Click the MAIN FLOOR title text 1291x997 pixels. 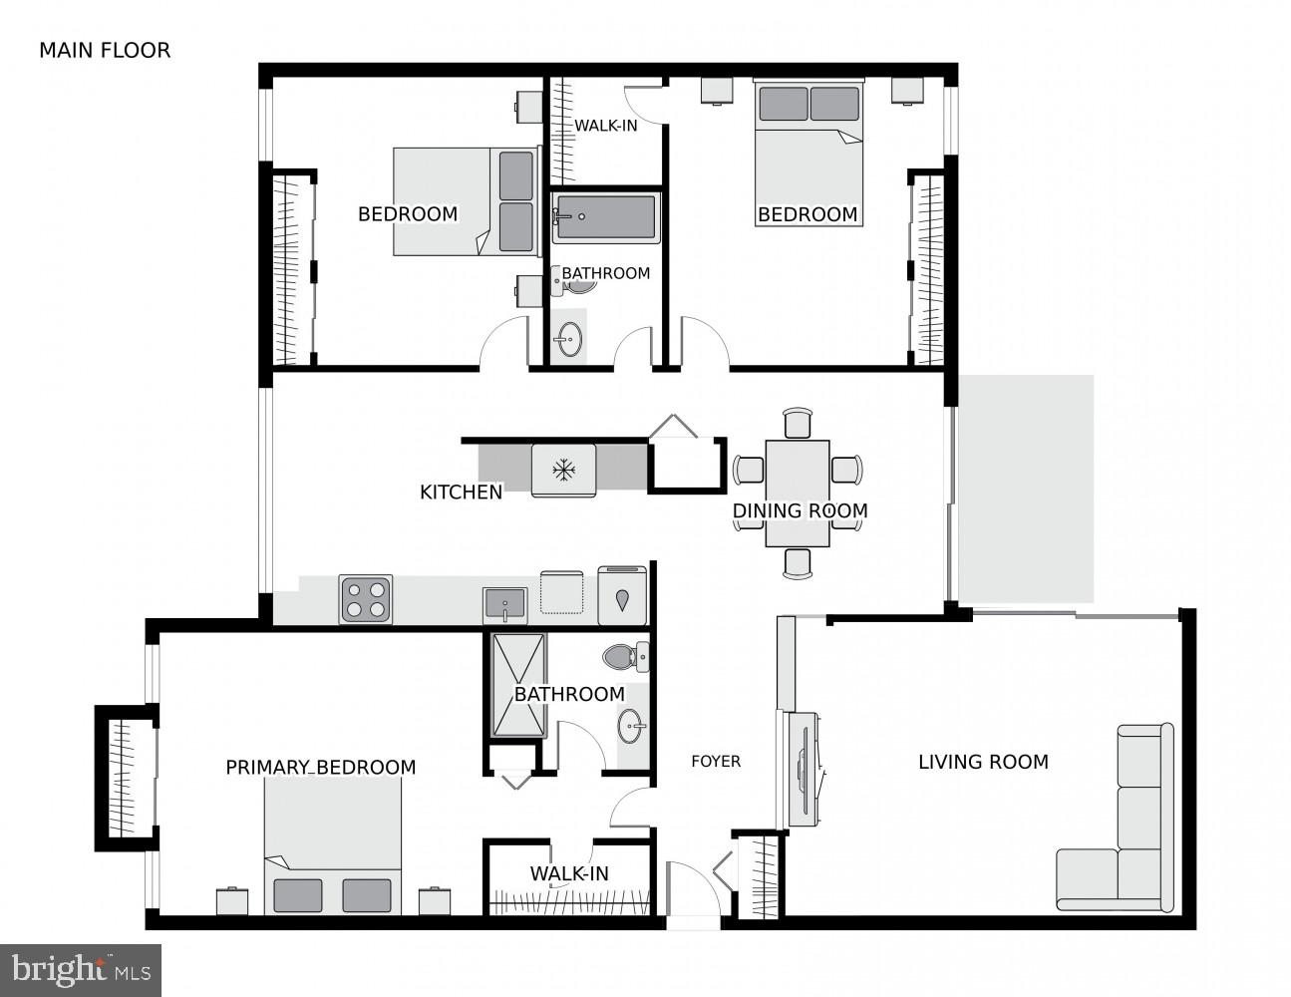(x=105, y=50)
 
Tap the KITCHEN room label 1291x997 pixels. (x=461, y=492)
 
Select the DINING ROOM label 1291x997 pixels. (x=800, y=510)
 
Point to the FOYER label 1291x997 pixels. (x=716, y=762)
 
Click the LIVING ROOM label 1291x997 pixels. (x=983, y=762)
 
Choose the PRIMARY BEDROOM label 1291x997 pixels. (x=320, y=767)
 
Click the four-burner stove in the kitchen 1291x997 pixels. (x=365, y=599)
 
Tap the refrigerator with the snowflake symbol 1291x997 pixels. (x=563, y=470)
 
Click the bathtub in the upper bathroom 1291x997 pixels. (x=605, y=217)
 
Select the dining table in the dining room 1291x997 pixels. (x=798, y=494)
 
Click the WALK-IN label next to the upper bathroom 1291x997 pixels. (x=605, y=126)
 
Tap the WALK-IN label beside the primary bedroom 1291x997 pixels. (x=569, y=873)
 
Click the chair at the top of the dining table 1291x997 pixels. (x=798, y=423)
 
